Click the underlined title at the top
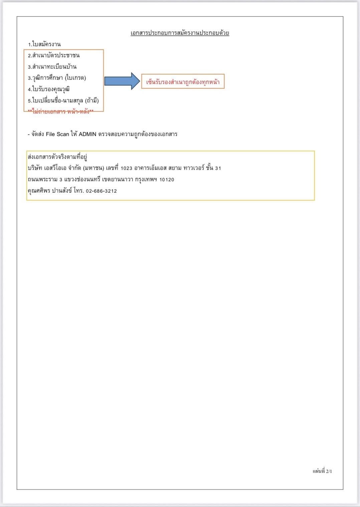pos(180,33)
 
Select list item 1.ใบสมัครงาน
pos(44,44)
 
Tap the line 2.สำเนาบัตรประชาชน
pos(54,55)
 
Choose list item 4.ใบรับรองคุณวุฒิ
pos(49,89)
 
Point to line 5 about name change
pos(63,101)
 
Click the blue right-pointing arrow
pos(122,81)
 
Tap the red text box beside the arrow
pos(183,81)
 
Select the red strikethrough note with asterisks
pos(60,112)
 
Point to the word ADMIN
pos(87,134)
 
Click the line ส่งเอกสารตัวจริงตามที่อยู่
pos(57,157)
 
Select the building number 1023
pos(126,168)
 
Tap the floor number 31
pos(218,168)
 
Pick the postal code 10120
pos(167,180)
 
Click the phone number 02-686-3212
pos(101,191)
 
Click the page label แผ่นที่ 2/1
pos(322,471)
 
